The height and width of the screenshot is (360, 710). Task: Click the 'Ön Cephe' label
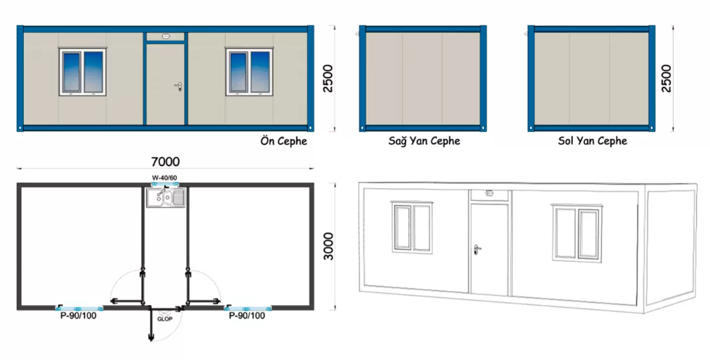(283, 141)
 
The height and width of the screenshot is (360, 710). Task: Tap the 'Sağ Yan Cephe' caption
(425, 141)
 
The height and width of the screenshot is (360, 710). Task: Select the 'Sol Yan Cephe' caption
(593, 141)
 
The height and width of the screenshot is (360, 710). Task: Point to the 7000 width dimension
(165, 162)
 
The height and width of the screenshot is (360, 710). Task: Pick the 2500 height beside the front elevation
(327, 78)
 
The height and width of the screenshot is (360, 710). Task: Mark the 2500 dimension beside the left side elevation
(666, 78)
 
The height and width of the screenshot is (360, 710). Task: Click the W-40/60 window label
(165, 177)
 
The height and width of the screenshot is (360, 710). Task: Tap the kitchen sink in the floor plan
(166, 198)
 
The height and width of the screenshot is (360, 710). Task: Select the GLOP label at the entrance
(165, 319)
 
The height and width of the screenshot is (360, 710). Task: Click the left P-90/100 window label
(78, 316)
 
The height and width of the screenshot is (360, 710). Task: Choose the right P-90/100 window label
(247, 316)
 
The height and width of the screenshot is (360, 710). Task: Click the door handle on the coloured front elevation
(179, 85)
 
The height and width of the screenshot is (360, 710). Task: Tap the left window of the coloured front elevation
(83, 72)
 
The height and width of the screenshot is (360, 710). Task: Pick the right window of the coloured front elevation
(249, 72)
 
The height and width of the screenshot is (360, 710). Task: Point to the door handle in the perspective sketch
(477, 248)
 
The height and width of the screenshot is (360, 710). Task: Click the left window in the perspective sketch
(412, 227)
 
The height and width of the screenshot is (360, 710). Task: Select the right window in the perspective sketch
(577, 233)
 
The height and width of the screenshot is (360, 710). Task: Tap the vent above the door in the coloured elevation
(165, 36)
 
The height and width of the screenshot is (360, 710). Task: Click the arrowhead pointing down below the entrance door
(151, 338)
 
